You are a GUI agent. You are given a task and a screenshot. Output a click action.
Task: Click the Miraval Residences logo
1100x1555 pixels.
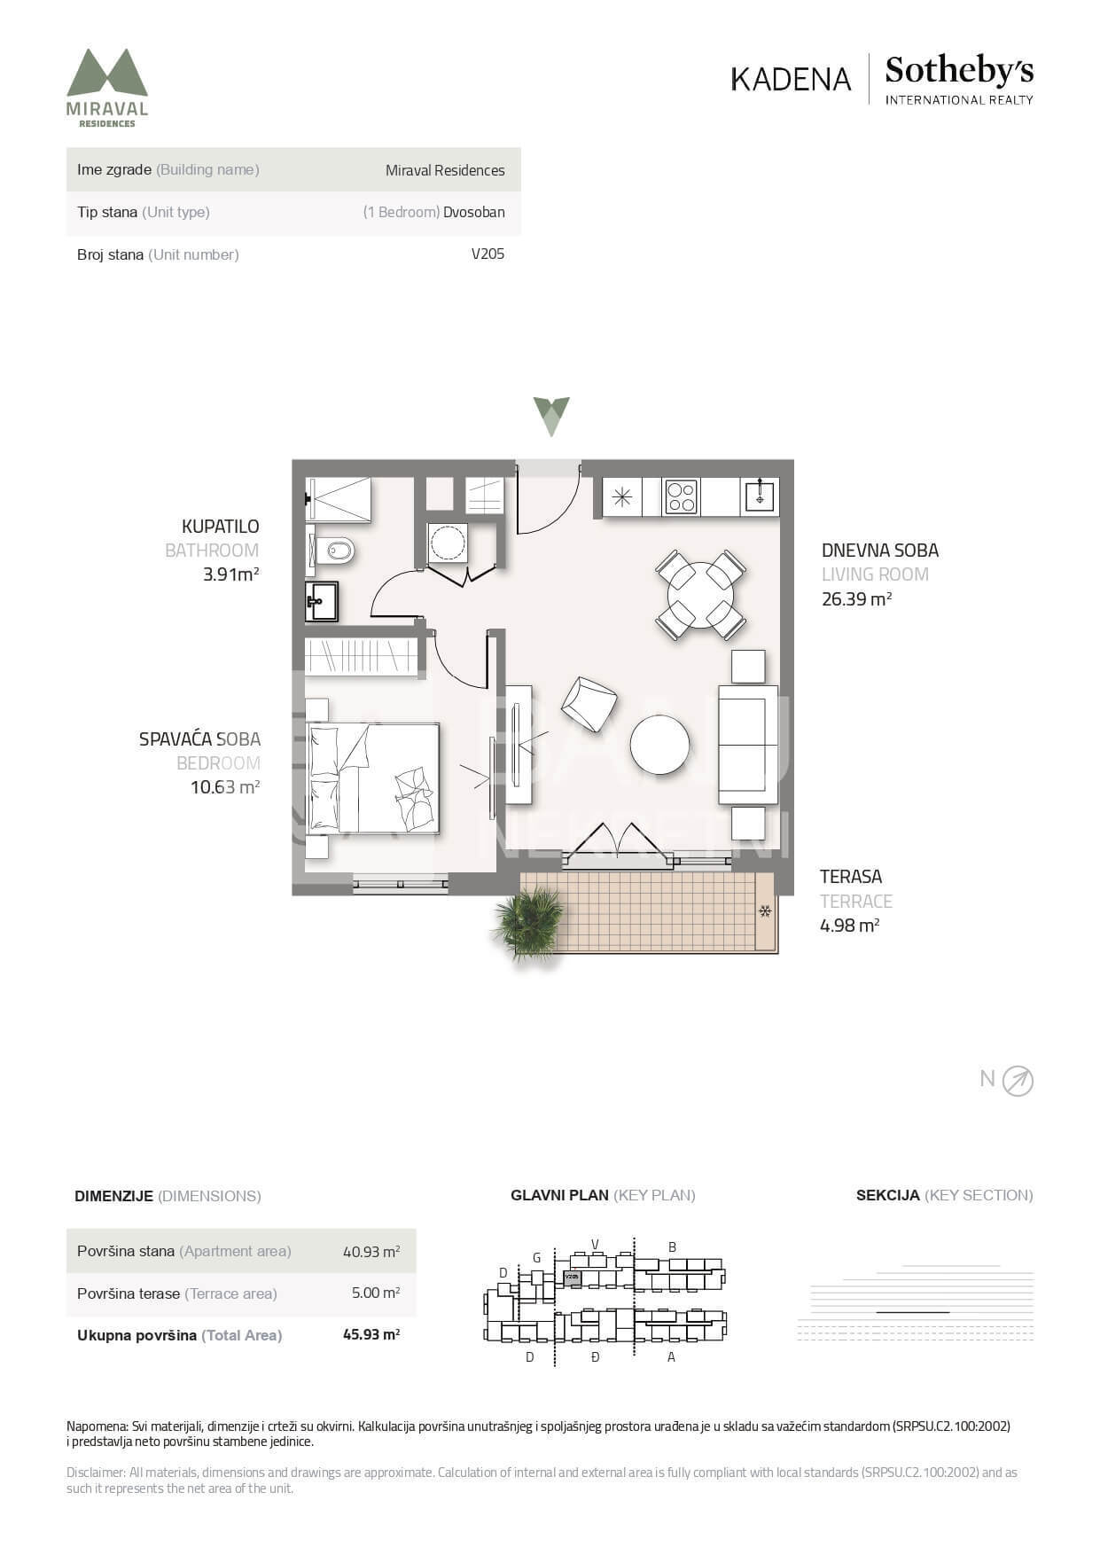pyautogui.click(x=107, y=88)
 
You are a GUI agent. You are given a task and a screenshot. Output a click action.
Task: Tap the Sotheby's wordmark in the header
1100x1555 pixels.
pyautogui.click(x=959, y=70)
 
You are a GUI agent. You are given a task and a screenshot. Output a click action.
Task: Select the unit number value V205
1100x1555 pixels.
pyautogui.click(x=488, y=254)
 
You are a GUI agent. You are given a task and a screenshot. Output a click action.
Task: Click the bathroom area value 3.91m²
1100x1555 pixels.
pyautogui.click(x=230, y=574)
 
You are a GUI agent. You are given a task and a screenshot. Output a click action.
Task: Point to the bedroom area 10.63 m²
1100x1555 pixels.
pyautogui.click(x=224, y=786)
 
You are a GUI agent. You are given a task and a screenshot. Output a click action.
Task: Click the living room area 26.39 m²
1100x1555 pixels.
pyautogui.click(x=856, y=598)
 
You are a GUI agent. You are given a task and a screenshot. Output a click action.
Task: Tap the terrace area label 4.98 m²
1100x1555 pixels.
pyautogui.click(x=849, y=925)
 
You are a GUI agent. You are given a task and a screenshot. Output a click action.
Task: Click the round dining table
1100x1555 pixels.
pyautogui.click(x=700, y=594)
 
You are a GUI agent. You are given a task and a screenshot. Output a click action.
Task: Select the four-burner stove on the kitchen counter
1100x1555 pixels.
pyautogui.click(x=681, y=496)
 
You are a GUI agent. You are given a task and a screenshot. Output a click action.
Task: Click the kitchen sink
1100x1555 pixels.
pyautogui.click(x=761, y=496)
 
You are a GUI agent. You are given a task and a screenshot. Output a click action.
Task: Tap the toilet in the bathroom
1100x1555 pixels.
pyautogui.click(x=330, y=551)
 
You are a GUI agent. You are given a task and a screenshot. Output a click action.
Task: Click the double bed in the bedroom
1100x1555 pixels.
pyautogui.click(x=373, y=777)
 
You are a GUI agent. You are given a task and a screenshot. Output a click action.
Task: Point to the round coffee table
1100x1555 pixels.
pyautogui.click(x=659, y=745)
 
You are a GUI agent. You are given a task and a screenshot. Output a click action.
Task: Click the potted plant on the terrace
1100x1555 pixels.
pyautogui.click(x=529, y=924)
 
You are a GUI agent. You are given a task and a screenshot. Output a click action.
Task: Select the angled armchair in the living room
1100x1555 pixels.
pyautogui.click(x=589, y=704)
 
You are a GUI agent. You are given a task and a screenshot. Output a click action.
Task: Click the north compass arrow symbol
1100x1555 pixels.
pyautogui.click(x=1018, y=1081)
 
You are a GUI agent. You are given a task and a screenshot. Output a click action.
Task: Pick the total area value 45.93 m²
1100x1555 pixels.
pyautogui.click(x=371, y=1334)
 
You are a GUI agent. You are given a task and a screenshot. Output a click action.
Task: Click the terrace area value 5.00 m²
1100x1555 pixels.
pyautogui.click(x=376, y=1293)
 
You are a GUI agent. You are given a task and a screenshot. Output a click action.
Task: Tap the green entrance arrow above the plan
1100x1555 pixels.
pyautogui.click(x=551, y=416)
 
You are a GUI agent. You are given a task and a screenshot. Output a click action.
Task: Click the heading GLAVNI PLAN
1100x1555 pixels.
pyautogui.click(x=559, y=1195)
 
